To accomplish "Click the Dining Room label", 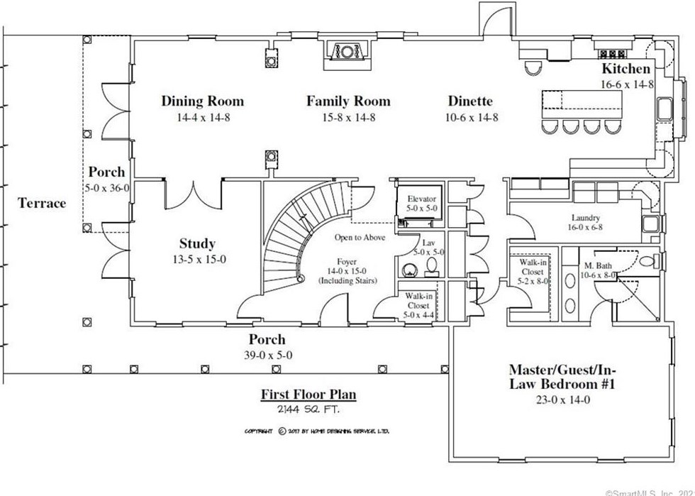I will coord(202,101).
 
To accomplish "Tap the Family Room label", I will coord(348,101).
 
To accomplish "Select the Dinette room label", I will coord(470,101).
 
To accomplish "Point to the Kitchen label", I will coord(625,69).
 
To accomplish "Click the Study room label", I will coord(196,243).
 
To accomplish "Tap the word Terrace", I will coord(41,203).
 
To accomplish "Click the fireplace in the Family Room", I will coord(347,53).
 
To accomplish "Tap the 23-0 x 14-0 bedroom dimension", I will coord(560,399).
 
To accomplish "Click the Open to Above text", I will coord(360,238).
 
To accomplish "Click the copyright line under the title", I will coord(316,431).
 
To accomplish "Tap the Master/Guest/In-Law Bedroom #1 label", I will coord(560,377).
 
